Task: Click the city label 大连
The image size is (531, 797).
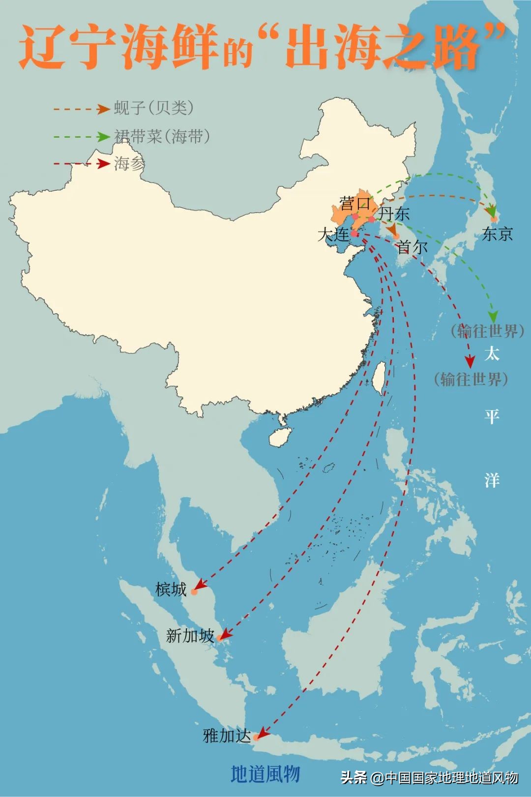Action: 333,235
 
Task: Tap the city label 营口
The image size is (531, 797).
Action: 354,203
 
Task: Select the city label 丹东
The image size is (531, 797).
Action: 394,213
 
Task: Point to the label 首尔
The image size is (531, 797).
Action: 412,247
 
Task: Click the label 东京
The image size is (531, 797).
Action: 497,234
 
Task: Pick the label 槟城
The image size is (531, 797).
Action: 171,589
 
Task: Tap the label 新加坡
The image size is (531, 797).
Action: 190,636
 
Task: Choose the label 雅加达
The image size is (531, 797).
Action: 227,736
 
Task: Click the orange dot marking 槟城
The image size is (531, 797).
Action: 194,592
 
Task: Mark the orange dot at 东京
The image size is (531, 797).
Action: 494,219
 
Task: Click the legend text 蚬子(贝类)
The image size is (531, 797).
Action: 154,108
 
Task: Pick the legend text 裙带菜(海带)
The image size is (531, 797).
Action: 162,136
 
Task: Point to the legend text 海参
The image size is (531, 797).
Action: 129,163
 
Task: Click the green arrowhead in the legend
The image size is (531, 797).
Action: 103,137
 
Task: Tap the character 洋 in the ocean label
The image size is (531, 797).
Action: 492,479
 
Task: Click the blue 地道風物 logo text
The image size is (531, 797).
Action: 265,774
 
